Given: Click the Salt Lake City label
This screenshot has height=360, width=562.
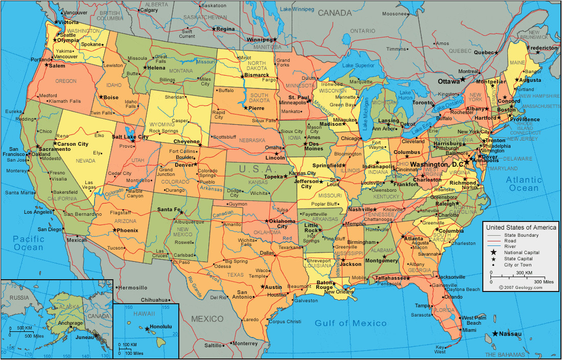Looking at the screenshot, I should pos(130,137).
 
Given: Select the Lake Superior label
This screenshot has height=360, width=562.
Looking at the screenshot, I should pos(358,65).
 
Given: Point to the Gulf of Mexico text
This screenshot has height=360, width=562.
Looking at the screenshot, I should pos(350,323).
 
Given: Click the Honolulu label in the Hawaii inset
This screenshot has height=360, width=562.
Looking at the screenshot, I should pos(161,327).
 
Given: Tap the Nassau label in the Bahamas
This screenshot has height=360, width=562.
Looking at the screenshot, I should pos(511,334).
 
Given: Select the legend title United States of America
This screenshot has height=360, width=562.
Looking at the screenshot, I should pos(521,227).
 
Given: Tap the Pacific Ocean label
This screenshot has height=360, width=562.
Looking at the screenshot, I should pos(29,243).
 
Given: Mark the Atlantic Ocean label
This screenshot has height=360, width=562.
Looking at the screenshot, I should pos(524,184).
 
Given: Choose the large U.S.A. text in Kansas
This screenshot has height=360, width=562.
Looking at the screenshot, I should pos(251,169).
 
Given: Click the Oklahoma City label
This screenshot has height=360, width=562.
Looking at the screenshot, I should pos(282,223).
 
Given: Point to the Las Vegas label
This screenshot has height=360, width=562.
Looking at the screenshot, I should pos(89,185).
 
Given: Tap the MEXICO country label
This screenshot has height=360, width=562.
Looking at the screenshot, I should pos(207,319).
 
